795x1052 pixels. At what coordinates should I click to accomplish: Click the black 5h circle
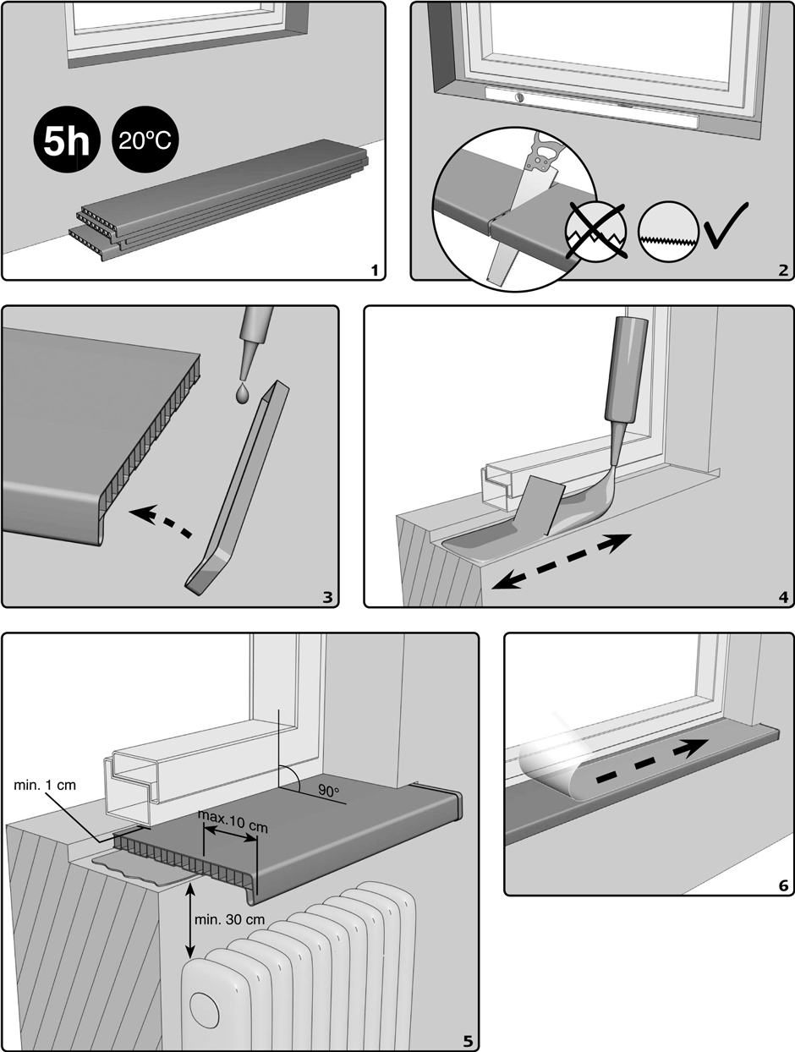pyautogui.click(x=67, y=140)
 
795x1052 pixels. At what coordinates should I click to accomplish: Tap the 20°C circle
pyautogui.click(x=145, y=140)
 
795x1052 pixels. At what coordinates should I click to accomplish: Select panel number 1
pyautogui.click(x=375, y=271)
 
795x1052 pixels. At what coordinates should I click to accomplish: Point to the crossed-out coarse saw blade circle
pyautogui.click(x=596, y=231)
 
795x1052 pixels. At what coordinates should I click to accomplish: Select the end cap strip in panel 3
pyautogui.click(x=237, y=488)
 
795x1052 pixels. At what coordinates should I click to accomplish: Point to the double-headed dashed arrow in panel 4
pyautogui.click(x=561, y=562)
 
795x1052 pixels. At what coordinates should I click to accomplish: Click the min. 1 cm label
pyautogui.click(x=45, y=786)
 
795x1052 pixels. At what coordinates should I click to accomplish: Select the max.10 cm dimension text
pyautogui.click(x=233, y=821)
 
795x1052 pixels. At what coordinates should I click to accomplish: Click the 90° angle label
pyautogui.click(x=328, y=791)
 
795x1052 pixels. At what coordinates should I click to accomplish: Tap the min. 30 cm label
pyautogui.click(x=229, y=920)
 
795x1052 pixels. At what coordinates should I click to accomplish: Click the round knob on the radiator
pyautogui.click(x=204, y=1007)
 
